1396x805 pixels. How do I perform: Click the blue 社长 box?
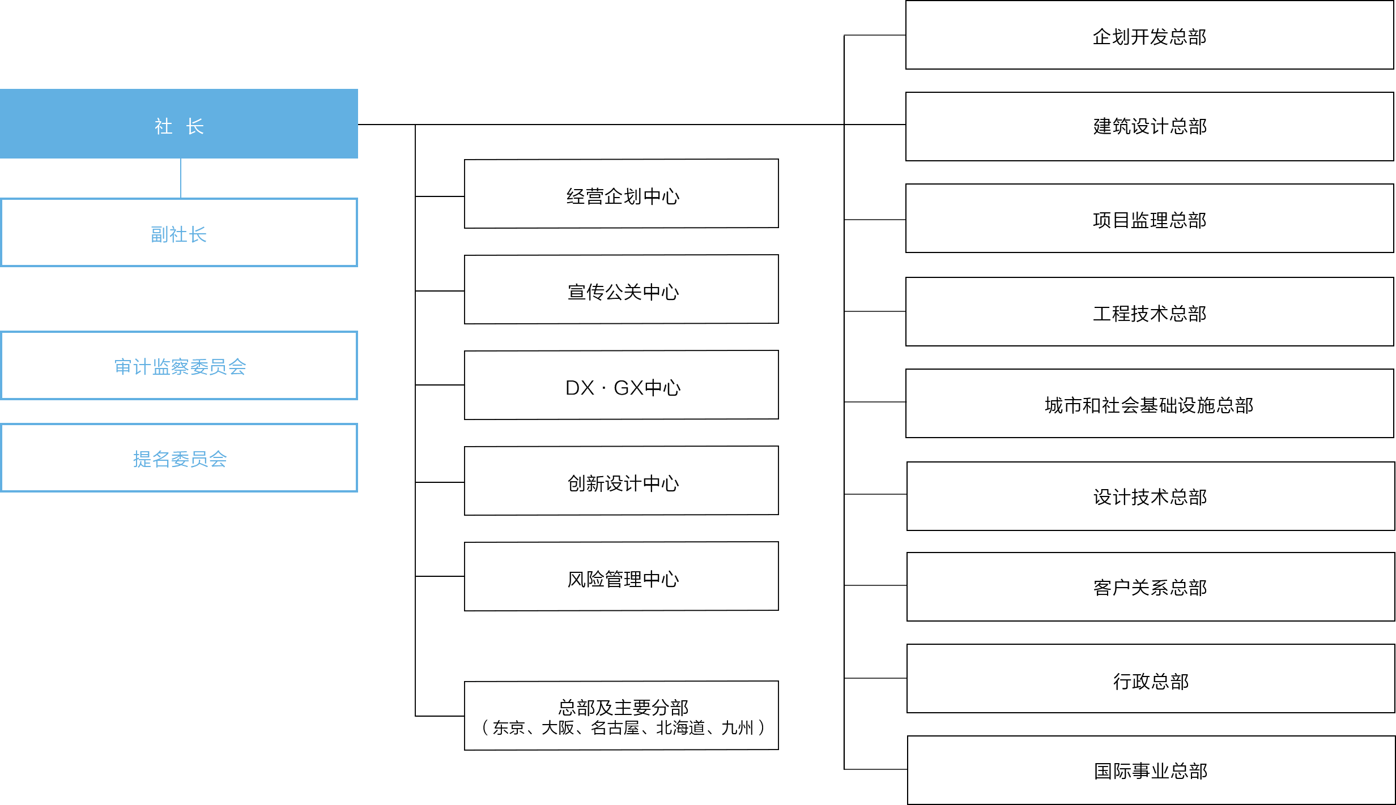[x=179, y=123]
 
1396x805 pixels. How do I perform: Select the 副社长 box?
[x=179, y=232]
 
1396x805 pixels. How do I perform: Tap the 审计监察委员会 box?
[x=179, y=366]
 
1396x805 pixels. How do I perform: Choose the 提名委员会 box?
[x=179, y=458]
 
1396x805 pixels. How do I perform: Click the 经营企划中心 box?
[x=622, y=194]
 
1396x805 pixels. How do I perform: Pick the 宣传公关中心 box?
[x=622, y=289]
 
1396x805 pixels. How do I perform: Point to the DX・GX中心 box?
[x=622, y=385]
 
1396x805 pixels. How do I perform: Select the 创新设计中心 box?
[x=622, y=481]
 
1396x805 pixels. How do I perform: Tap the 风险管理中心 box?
[x=622, y=576]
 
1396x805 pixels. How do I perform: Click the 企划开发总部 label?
[x=1150, y=37]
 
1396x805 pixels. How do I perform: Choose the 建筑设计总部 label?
[x=1150, y=126]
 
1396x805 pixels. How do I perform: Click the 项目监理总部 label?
[x=1150, y=220]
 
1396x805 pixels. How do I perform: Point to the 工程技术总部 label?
[x=1150, y=314]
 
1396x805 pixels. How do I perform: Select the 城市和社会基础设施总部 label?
[x=1149, y=405]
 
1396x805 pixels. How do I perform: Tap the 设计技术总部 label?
[x=1150, y=497]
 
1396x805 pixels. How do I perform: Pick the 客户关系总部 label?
[x=1150, y=588]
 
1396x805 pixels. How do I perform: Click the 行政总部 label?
[x=1151, y=682]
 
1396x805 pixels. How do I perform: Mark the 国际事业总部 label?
[x=1151, y=771]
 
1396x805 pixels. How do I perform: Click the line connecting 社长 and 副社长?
[x=181, y=178]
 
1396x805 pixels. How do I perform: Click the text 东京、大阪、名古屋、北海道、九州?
[x=623, y=728]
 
